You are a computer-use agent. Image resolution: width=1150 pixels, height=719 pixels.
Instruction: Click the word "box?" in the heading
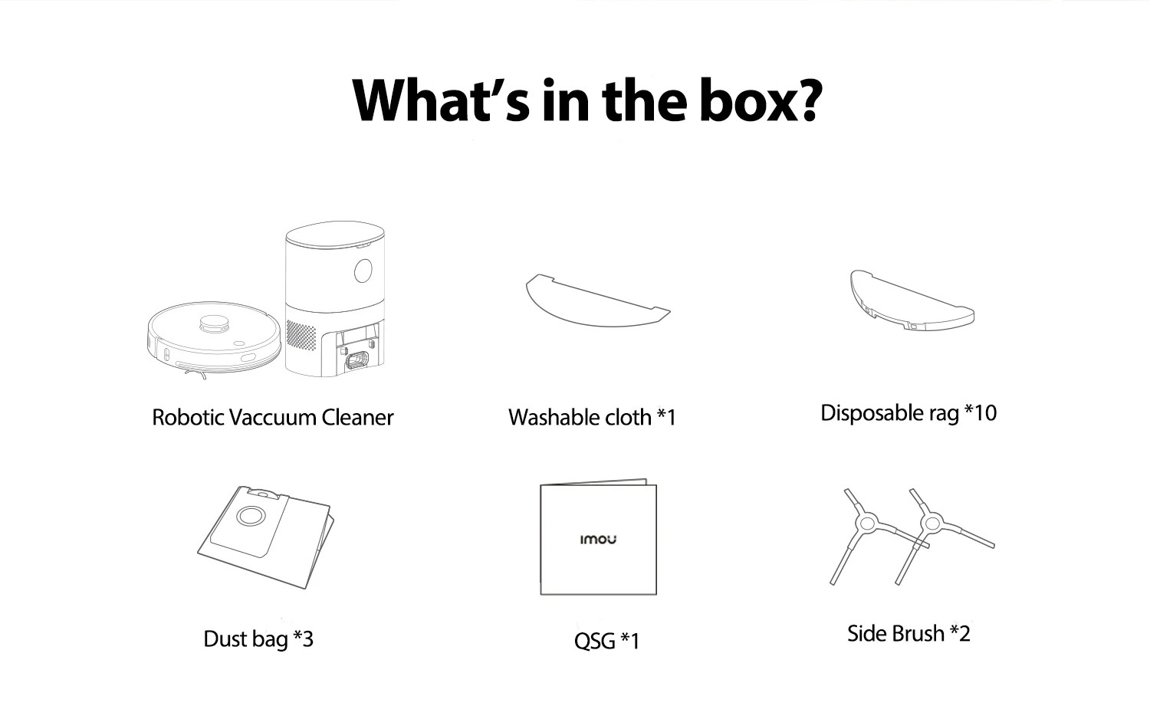(x=760, y=100)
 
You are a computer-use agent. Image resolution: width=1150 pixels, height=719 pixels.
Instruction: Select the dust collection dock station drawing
(x=335, y=299)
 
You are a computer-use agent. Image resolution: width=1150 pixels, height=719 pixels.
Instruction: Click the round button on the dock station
(x=363, y=271)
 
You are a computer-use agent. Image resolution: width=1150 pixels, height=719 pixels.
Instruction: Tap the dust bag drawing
(x=265, y=537)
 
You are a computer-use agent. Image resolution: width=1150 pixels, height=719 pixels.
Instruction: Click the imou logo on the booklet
(x=598, y=540)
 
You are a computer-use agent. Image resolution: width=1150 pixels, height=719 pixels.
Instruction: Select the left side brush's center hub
(x=866, y=524)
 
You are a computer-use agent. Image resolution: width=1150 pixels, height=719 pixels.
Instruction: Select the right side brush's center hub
(x=931, y=524)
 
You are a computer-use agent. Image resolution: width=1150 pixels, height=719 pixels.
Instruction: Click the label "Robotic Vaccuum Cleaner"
(x=272, y=418)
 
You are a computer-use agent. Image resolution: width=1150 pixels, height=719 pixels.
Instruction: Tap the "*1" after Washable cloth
(x=666, y=417)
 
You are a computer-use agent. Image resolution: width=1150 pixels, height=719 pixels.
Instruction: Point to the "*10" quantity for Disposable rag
(x=981, y=412)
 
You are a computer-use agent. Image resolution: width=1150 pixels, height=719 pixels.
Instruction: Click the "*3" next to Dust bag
(x=303, y=639)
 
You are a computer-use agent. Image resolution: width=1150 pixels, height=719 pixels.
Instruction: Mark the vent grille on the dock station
(x=301, y=335)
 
